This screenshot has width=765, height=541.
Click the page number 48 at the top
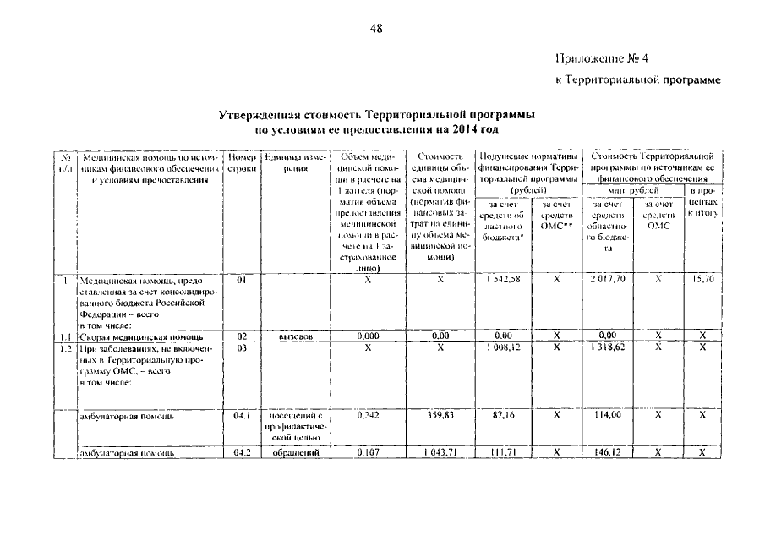pos(377,30)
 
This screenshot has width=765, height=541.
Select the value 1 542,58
pos(504,278)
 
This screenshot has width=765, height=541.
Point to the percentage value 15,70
pos(702,278)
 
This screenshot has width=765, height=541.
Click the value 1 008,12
pos(504,347)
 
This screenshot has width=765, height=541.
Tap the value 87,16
pos(504,416)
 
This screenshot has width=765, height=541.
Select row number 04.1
pos(242,416)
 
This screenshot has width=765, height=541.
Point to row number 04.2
pos(242,453)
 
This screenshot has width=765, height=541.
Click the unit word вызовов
pos(296,336)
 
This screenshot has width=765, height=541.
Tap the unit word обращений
pos(296,453)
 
